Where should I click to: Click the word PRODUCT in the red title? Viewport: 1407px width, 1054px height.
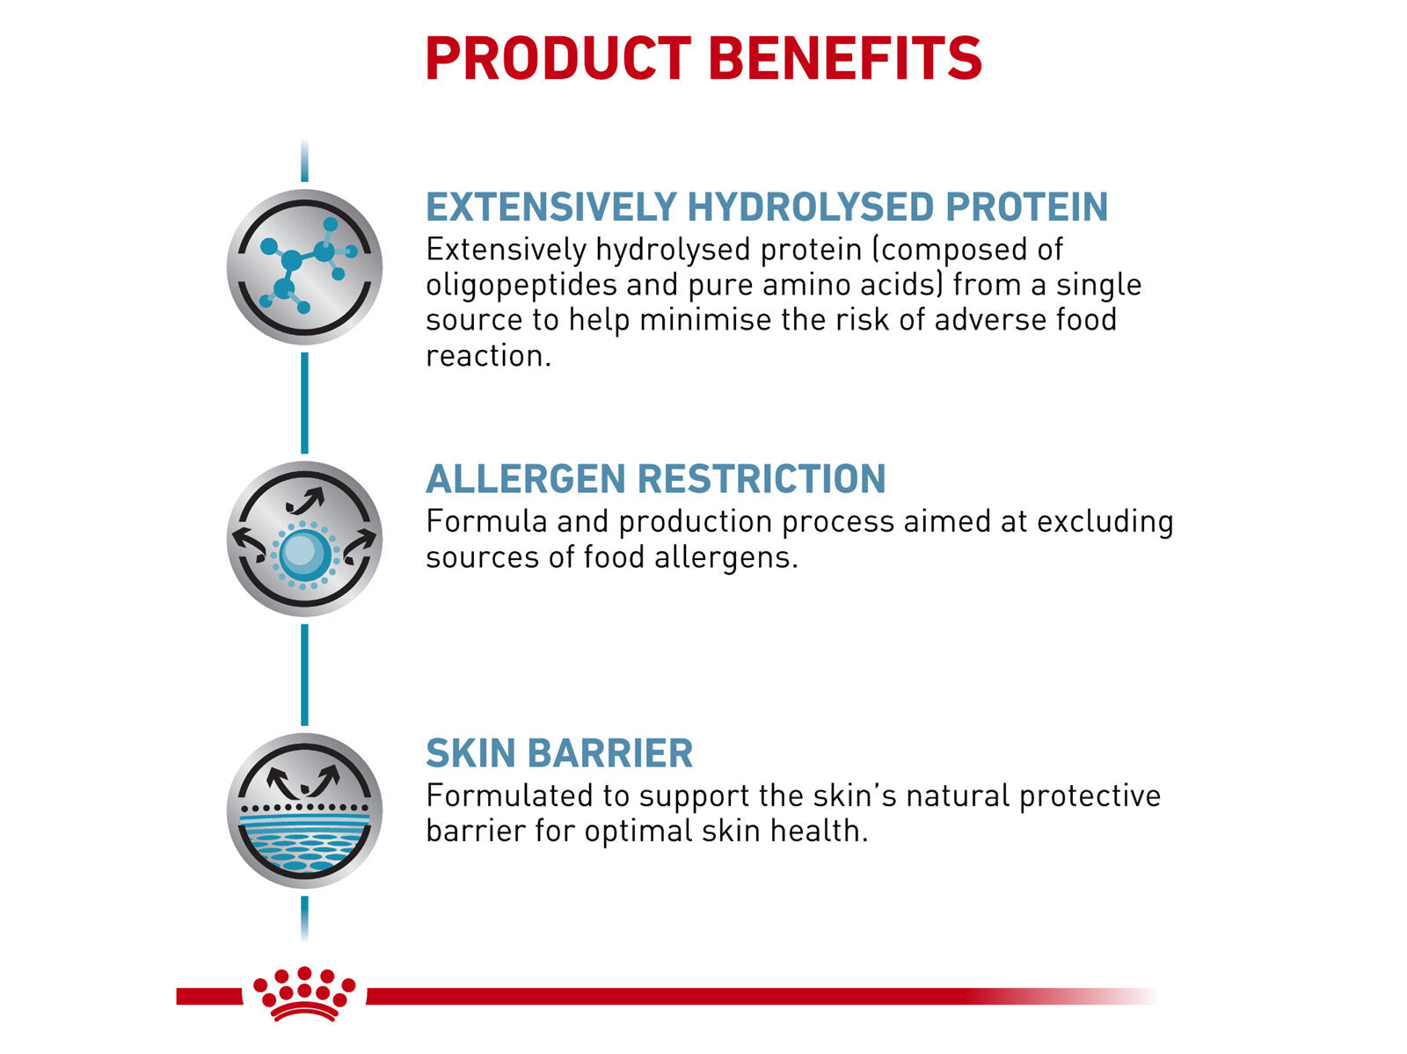[558, 59]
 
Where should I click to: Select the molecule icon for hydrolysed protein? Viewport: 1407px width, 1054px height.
[304, 266]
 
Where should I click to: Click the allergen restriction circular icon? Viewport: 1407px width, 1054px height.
[304, 538]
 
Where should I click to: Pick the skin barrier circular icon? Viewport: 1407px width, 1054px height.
[304, 810]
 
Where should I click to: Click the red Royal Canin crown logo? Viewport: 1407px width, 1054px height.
[304, 994]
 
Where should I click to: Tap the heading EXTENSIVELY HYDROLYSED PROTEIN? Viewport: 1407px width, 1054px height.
[766, 207]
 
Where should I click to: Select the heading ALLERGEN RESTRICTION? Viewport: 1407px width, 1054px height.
[655, 479]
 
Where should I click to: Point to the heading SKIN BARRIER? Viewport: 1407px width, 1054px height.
[559, 753]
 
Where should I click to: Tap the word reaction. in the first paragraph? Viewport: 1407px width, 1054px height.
[488, 356]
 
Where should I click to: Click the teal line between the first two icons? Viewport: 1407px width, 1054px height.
[304, 403]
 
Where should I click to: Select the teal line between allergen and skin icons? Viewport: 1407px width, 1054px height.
[304, 674]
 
